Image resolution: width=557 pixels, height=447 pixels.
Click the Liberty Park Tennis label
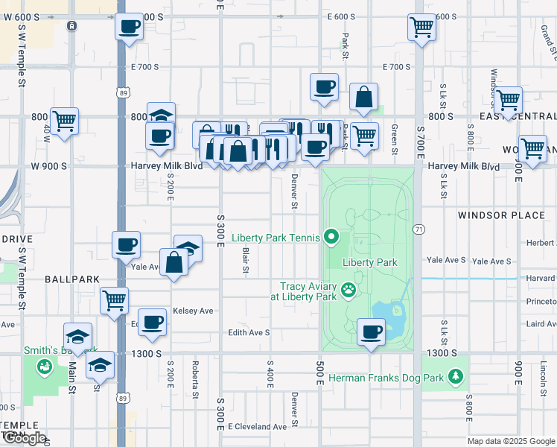(x=276, y=238)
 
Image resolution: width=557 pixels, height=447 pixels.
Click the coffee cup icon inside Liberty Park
(x=371, y=331)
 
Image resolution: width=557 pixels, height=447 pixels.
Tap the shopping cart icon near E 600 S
(x=421, y=28)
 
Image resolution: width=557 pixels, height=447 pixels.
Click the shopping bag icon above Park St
(x=363, y=96)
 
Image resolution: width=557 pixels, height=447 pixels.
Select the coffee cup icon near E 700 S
(x=325, y=86)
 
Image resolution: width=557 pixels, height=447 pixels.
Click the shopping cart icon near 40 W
(x=64, y=120)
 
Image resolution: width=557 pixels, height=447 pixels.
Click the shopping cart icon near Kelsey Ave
(x=115, y=300)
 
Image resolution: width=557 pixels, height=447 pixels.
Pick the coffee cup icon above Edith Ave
(x=153, y=321)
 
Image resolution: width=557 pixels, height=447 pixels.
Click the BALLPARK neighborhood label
(x=71, y=279)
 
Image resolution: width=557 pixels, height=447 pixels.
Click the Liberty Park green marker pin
(x=332, y=238)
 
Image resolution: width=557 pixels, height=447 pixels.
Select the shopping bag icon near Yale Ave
(x=174, y=261)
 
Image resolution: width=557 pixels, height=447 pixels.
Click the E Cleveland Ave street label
(x=258, y=427)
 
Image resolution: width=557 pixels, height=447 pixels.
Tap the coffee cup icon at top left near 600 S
(x=128, y=28)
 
